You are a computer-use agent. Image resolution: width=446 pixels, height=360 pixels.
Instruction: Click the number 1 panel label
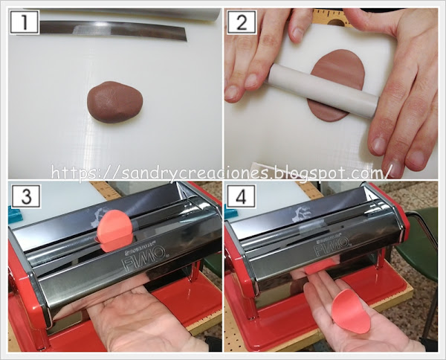click(25, 22)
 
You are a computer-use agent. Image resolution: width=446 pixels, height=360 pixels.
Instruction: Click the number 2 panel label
click(242, 22)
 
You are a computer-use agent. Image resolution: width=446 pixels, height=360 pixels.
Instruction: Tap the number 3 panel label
click(26, 196)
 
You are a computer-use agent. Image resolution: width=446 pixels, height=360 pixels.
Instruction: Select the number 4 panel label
click(241, 196)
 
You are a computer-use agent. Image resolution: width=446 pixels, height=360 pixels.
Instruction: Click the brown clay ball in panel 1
click(114, 102)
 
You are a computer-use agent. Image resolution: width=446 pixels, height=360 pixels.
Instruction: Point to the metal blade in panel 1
click(114, 30)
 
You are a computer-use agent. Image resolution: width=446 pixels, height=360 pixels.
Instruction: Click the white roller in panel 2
click(324, 91)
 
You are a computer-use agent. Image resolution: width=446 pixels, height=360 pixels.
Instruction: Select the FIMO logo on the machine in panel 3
click(143, 257)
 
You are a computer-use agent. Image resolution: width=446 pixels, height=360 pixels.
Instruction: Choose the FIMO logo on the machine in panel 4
click(332, 245)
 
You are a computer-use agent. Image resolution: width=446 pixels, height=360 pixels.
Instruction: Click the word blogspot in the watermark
click(314, 173)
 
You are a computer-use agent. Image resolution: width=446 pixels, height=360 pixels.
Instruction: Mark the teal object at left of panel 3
click(15, 216)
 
